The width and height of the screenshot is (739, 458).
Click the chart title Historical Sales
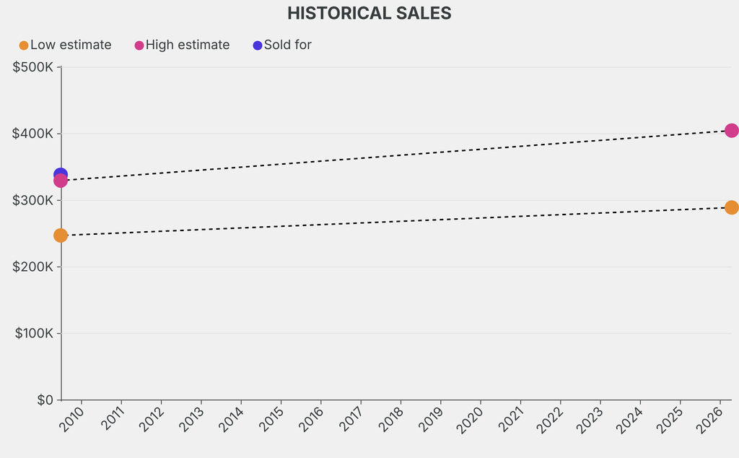(x=369, y=13)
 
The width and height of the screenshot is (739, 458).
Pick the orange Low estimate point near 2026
(x=731, y=207)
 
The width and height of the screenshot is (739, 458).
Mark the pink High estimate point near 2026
(x=731, y=131)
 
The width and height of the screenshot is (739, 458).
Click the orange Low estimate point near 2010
(x=61, y=236)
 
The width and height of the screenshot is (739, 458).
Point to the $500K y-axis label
(x=33, y=67)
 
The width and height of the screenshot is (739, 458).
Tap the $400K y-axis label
(x=33, y=134)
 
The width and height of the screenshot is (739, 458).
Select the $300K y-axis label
(x=33, y=200)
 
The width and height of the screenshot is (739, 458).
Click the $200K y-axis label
(x=33, y=267)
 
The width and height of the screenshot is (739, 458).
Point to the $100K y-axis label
(x=33, y=333)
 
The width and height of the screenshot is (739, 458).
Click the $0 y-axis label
(x=44, y=399)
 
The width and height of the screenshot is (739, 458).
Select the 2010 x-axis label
(x=74, y=419)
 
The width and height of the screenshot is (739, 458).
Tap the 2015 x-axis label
(x=273, y=419)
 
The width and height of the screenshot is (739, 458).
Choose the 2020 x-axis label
(x=472, y=419)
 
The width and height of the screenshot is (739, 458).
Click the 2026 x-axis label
(x=711, y=419)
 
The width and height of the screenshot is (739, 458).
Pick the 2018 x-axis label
(x=393, y=419)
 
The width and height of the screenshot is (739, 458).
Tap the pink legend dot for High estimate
(x=139, y=46)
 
